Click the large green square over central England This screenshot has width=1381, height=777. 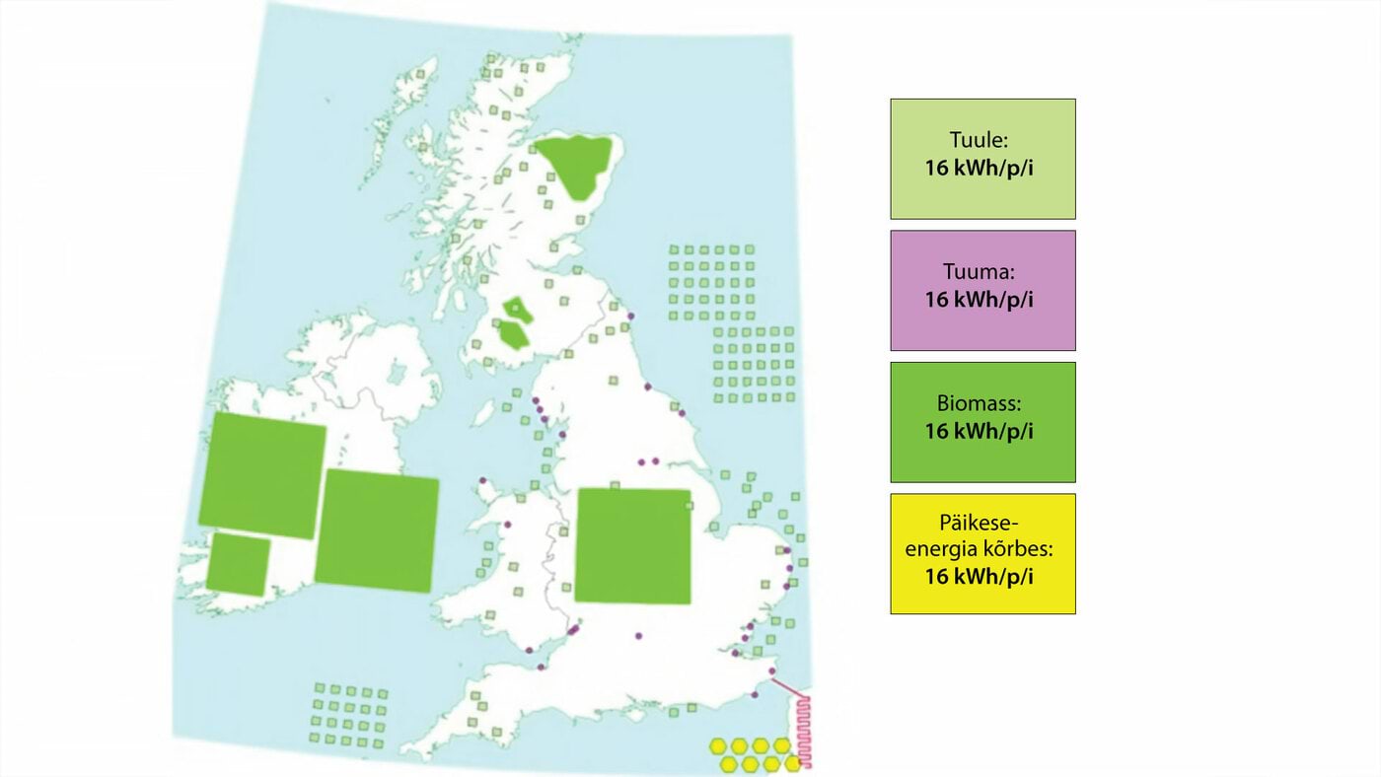[x=632, y=545]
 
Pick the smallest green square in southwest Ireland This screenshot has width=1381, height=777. [x=239, y=565]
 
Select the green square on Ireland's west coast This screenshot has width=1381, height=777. [x=262, y=475]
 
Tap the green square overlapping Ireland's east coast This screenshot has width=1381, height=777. [x=377, y=530]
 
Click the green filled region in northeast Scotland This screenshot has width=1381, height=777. [x=574, y=164]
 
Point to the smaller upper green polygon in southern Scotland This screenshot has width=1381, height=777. [x=516, y=308]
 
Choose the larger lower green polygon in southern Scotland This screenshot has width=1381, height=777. [x=514, y=333]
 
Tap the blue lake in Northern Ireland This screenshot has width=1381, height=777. [x=399, y=373]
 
